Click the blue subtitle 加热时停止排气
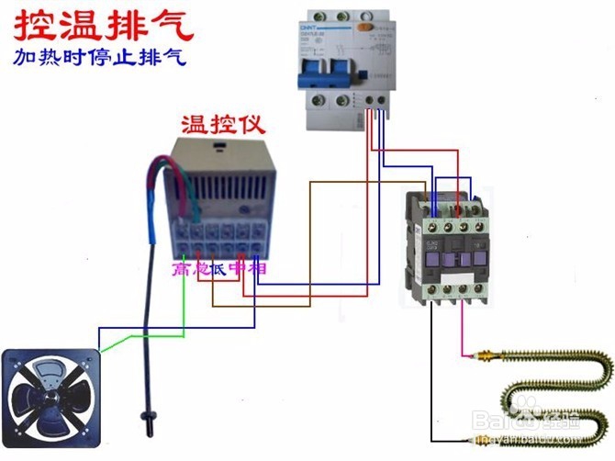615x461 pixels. (x=100, y=56)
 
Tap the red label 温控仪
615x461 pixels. (x=215, y=124)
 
